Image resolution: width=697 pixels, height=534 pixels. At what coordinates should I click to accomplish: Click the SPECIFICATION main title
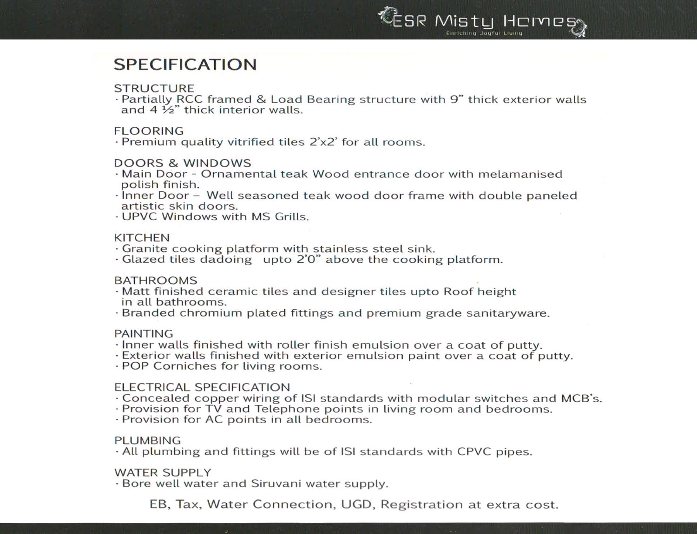185,65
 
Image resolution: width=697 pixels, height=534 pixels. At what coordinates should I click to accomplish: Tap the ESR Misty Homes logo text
483,21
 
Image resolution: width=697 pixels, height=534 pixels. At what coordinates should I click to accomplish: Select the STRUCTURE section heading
154,88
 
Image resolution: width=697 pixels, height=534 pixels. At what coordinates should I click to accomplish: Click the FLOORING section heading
149,131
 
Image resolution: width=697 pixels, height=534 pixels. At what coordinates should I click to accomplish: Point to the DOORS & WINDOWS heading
183,163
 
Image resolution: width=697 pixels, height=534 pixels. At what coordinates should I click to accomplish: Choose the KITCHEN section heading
142,238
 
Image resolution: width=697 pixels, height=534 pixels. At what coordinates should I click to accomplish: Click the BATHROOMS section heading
156,280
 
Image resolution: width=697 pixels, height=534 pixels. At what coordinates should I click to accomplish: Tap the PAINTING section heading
144,334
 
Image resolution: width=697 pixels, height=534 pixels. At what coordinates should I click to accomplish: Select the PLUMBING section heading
147,440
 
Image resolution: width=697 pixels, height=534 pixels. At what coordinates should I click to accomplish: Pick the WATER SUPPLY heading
163,473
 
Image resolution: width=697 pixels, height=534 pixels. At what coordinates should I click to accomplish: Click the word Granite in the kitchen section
144,249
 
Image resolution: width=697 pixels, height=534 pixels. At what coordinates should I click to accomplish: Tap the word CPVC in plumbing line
473,452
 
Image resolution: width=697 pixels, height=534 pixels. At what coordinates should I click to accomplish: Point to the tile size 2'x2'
322,142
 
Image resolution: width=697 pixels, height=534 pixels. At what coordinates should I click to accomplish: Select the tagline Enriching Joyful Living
484,33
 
